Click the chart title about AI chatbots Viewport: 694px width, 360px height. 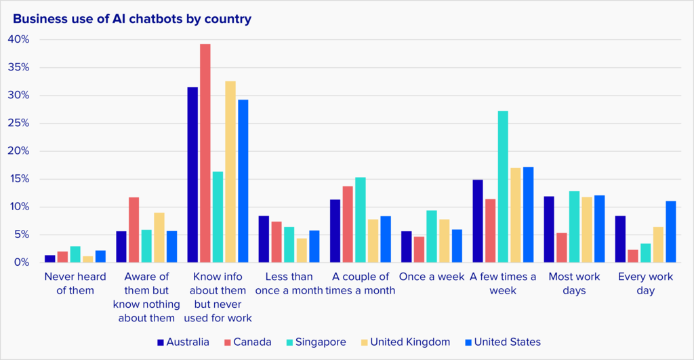pyautogui.click(x=132, y=19)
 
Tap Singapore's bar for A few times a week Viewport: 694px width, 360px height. pyautogui.click(x=503, y=186)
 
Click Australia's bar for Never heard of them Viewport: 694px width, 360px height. pyautogui.click(x=50, y=259)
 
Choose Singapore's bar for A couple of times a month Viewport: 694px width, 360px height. pyautogui.click(x=361, y=220)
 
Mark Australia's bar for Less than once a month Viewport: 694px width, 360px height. pyautogui.click(x=264, y=239)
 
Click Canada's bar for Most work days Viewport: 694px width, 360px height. pyautogui.click(x=562, y=247)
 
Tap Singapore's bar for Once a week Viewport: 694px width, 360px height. pyautogui.click(x=432, y=237)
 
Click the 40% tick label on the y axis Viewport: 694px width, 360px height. pyautogui.click(x=19, y=39)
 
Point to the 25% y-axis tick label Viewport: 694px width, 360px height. pyautogui.click(x=19, y=123)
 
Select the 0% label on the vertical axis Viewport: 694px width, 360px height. pyautogui.click(x=22, y=262)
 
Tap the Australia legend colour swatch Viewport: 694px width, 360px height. pyautogui.click(x=161, y=342)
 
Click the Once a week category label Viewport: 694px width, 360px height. pyautogui.click(x=432, y=277)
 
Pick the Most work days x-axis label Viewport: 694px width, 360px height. pyautogui.click(x=574, y=283)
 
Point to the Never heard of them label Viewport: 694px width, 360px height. pyautogui.click(x=69, y=283)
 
